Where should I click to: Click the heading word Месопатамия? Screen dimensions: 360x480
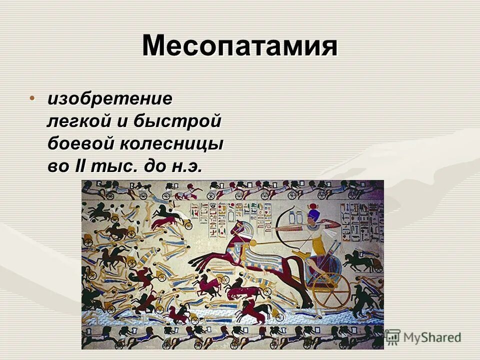[239, 46]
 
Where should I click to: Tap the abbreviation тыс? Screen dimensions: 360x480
[113, 166]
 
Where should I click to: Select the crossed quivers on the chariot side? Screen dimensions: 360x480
[320, 265]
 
